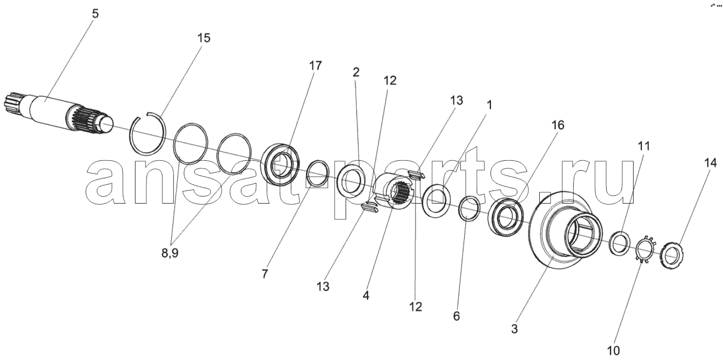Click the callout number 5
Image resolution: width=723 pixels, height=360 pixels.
[95, 14]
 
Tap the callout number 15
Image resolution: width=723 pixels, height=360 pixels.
[204, 38]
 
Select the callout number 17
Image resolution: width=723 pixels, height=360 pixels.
[315, 66]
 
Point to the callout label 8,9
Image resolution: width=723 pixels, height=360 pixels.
[170, 254]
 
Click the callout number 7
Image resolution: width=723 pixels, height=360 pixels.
[264, 274]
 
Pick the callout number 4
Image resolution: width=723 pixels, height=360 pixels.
[366, 295]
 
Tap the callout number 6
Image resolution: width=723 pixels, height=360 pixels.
[456, 316]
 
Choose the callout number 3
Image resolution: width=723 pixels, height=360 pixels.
[515, 329]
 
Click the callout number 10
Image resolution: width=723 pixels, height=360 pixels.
[613, 351]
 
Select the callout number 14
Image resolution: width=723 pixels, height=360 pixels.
[710, 163]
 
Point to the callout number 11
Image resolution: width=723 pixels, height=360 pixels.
[643, 147]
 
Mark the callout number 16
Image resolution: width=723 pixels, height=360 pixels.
[557, 125]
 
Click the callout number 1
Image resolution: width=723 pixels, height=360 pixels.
[489, 105]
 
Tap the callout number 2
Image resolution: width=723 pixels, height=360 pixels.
[355, 72]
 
